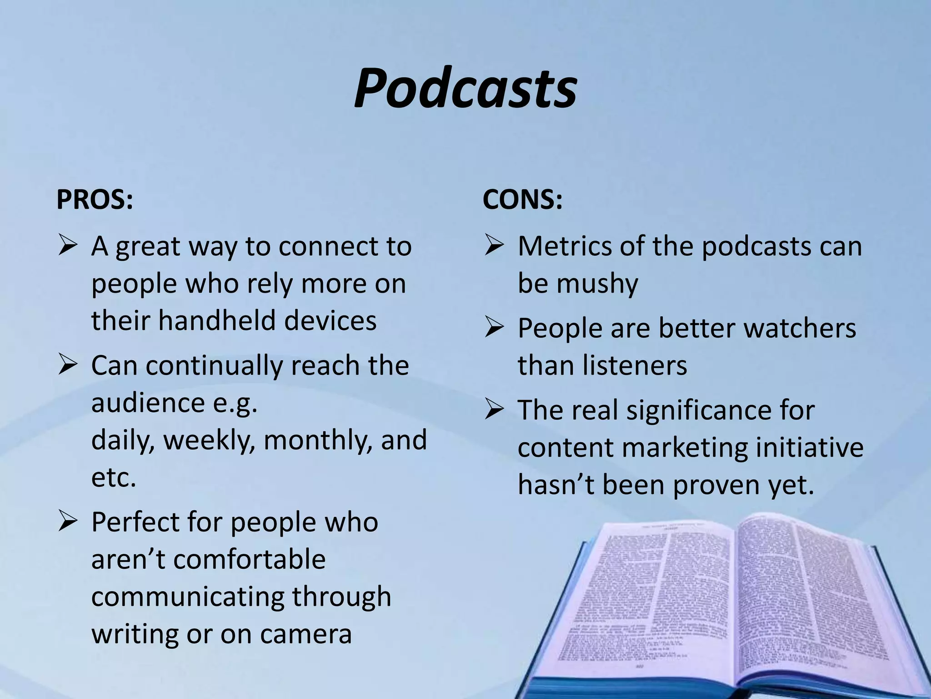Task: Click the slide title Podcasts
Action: click(465, 89)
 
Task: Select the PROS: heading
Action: click(95, 199)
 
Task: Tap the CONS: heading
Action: click(522, 199)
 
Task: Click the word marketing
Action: click(684, 448)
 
